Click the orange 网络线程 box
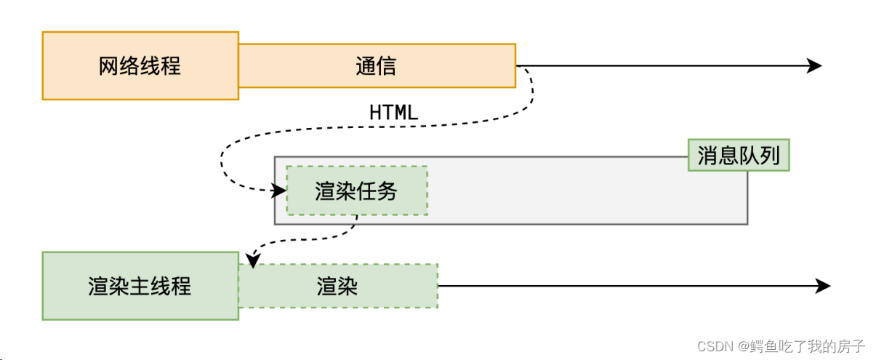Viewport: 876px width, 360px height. pos(140,65)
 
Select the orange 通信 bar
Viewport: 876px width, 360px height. pos(377,65)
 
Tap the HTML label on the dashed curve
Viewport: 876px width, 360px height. pos(393,113)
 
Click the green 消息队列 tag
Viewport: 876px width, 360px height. pos(738,156)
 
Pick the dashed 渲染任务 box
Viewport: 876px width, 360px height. pos(357,191)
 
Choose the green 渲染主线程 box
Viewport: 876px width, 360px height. pos(140,286)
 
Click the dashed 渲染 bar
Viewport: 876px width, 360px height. pos(338,286)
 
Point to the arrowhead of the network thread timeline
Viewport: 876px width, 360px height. pos(815,65)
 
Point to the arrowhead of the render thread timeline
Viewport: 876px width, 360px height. pos(824,286)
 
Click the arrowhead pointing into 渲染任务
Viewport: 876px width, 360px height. pos(280,191)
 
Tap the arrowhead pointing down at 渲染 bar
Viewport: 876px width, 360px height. pos(252,260)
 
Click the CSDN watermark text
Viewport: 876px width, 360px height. pos(716,346)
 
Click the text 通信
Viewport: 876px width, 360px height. pos(376,66)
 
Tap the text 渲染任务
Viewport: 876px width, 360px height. pos(356,191)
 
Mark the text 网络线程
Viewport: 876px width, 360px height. pos(140,66)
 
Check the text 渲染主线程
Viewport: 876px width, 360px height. pos(140,286)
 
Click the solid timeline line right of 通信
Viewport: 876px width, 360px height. pos(654,65)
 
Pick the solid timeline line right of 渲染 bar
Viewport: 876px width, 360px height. pos(618,286)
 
